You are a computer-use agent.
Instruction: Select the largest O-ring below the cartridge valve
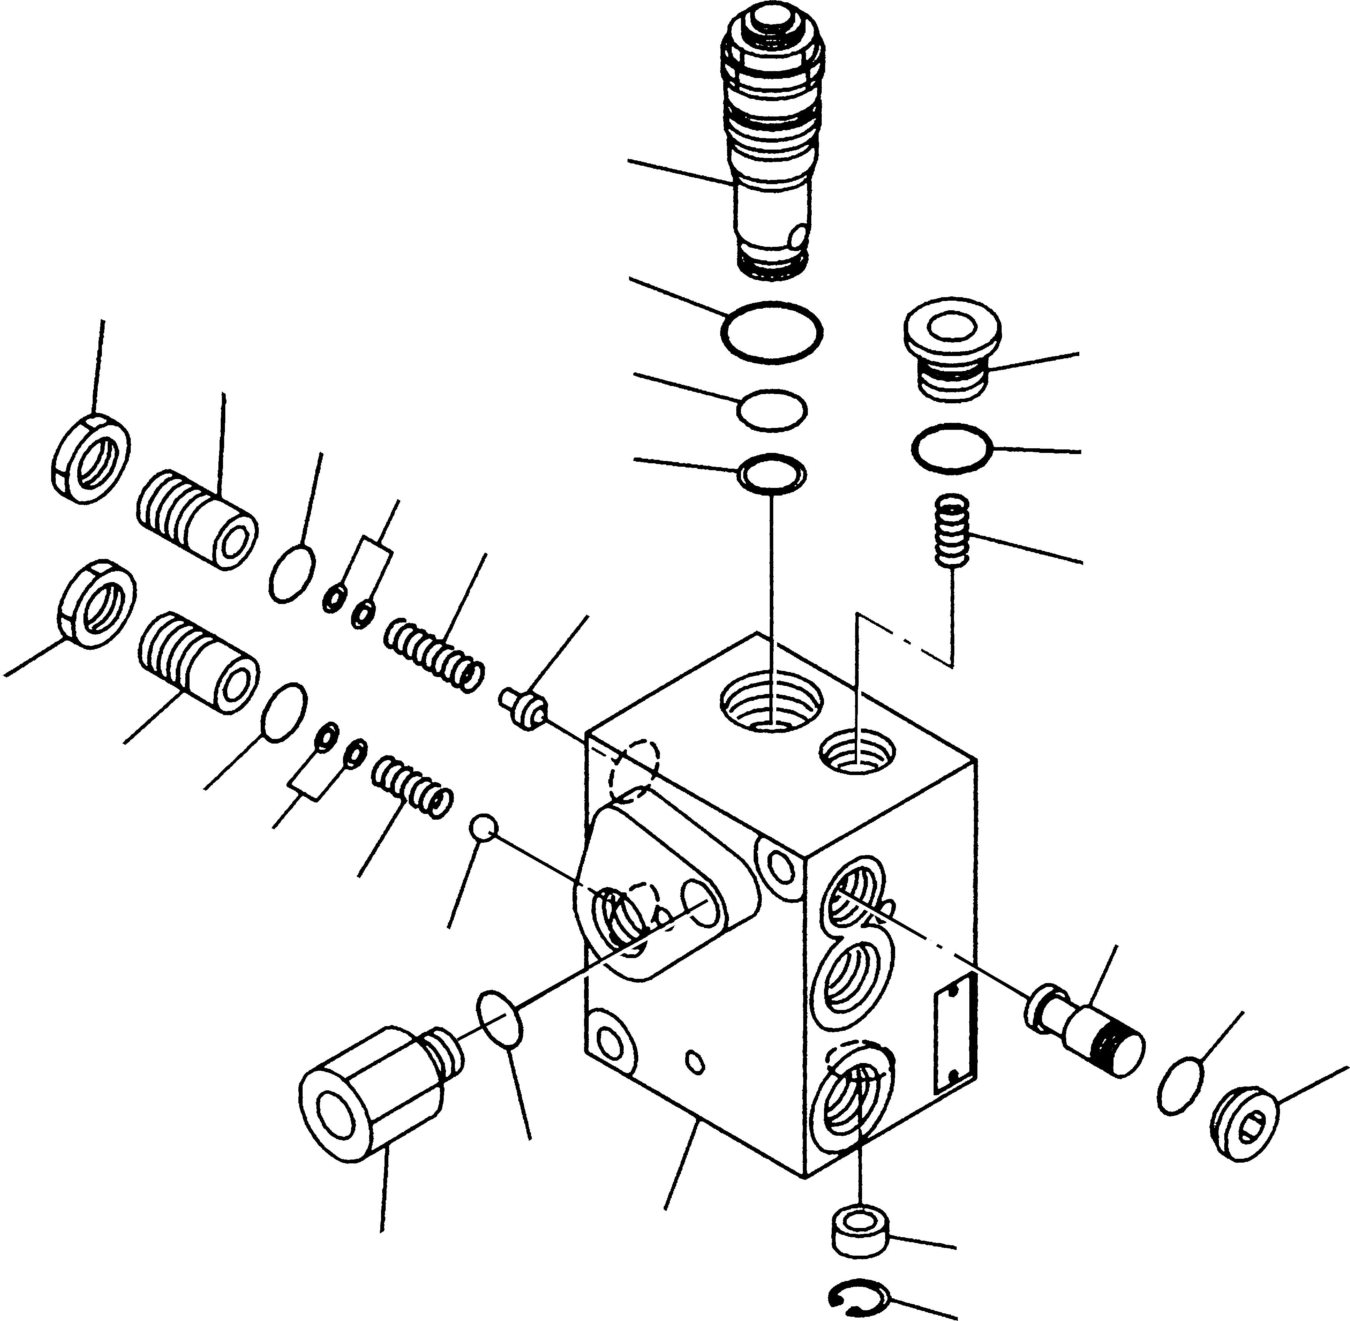click(772, 332)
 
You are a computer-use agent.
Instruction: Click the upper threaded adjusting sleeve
click(196, 520)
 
